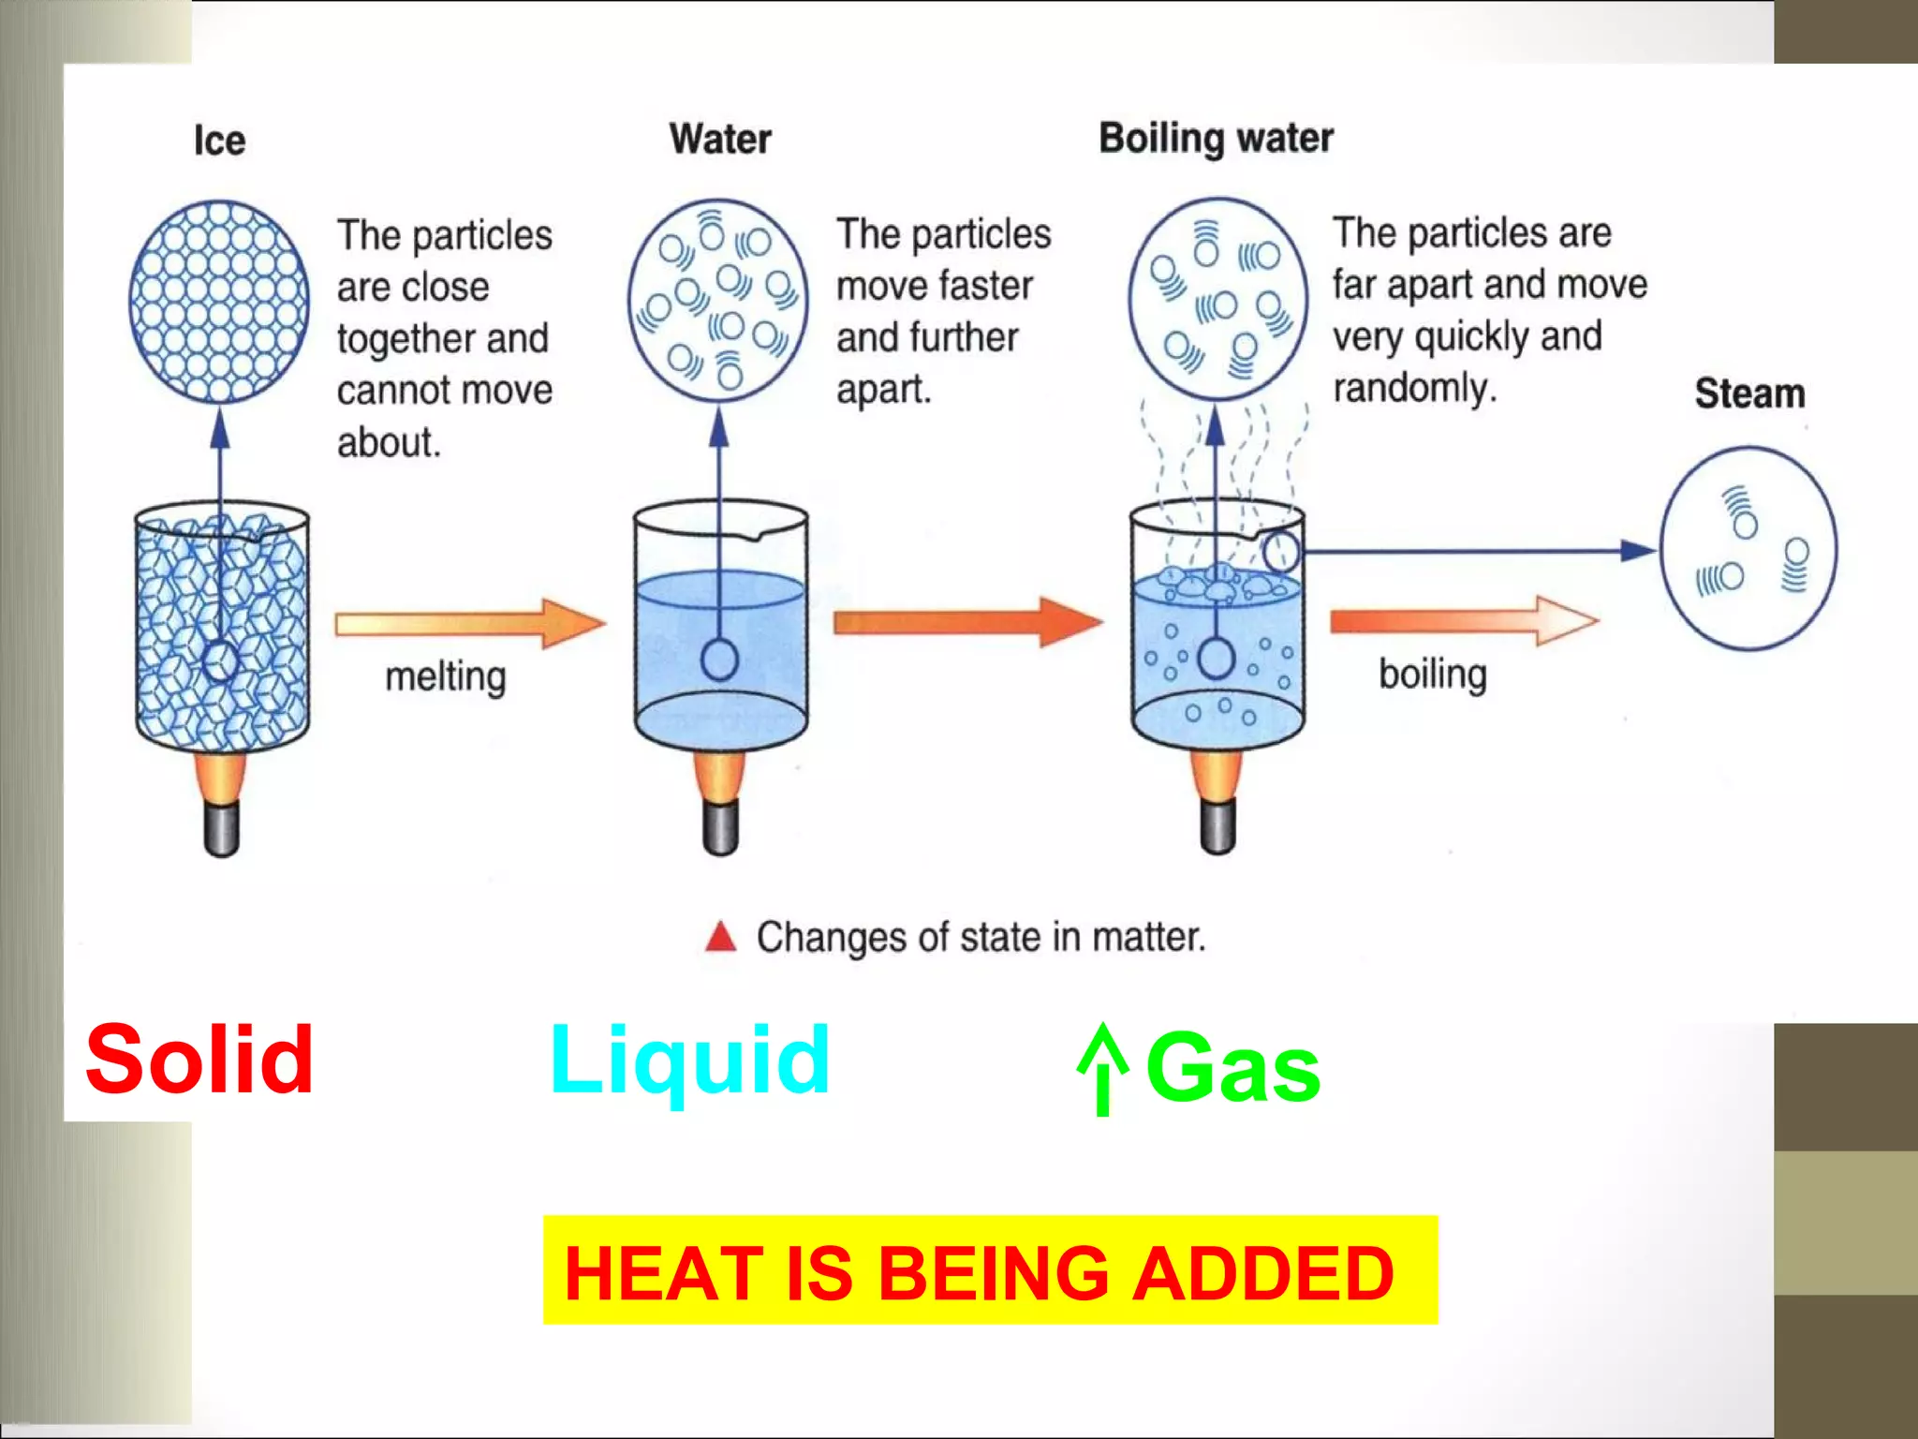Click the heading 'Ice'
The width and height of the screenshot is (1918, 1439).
[x=219, y=141]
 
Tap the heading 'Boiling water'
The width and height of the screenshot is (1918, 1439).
[x=1216, y=139]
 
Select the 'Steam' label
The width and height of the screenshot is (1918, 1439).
[x=1749, y=393]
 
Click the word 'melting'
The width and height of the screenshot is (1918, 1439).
[x=446, y=676]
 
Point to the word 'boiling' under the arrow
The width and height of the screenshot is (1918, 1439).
[x=1433, y=675]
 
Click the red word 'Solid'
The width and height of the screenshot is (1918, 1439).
[x=199, y=1060]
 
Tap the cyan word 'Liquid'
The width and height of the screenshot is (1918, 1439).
[x=689, y=1061]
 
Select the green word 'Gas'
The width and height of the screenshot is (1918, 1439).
[x=1232, y=1067]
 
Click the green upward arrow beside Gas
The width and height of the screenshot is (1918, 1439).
[x=1103, y=1068]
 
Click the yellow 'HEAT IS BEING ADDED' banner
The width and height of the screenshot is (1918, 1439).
[x=989, y=1270]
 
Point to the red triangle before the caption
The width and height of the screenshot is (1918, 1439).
[x=720, y=936]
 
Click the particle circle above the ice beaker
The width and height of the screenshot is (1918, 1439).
[x=219, y=302]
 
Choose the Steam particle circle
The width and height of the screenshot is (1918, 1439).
[x=1748, y=549]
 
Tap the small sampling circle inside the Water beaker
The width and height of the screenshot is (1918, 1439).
[x=719, y=660]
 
